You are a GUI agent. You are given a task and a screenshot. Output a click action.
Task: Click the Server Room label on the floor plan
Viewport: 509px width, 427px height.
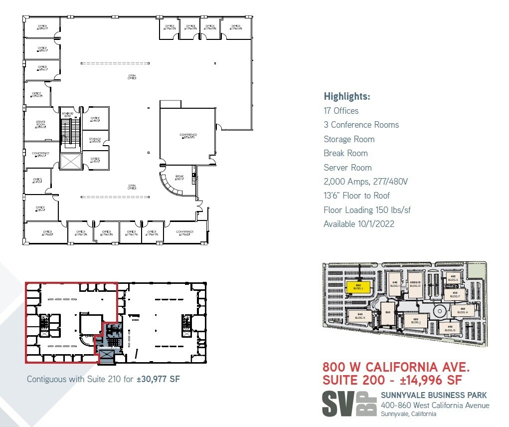pyautogui.click(x=41, y=124)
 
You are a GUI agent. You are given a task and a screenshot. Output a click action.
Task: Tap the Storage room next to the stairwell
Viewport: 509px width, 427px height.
pyautogui.click(x=95, y=140)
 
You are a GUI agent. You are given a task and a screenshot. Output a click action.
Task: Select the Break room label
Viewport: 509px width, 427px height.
pyautogui.click(x=179, y=177)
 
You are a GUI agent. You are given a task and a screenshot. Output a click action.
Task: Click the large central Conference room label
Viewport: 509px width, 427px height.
pyautogui.click(x=188, y=136)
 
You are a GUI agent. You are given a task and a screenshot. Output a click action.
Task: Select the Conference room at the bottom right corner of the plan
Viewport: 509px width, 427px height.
pyautogui.click(x=185, y=233)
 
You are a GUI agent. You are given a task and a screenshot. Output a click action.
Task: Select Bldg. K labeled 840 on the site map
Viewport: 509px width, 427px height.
pyautogui.click(x=360, y=315)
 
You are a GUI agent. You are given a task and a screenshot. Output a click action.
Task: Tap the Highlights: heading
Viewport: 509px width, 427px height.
pyautogui.click(x=347, y=97)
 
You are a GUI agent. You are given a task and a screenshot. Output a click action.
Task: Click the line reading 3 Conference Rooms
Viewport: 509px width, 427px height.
pyautogui.click(x=361, y=125)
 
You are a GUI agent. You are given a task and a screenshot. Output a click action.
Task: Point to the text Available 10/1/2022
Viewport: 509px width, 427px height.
pyautogui.click(x=358, y=224)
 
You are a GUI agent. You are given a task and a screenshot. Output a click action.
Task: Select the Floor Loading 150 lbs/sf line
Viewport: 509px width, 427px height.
pyautogui.click(x=367, y=210)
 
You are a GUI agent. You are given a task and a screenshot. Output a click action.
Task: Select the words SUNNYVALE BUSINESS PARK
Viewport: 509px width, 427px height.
pyautogui.click(x=434, y=395)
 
